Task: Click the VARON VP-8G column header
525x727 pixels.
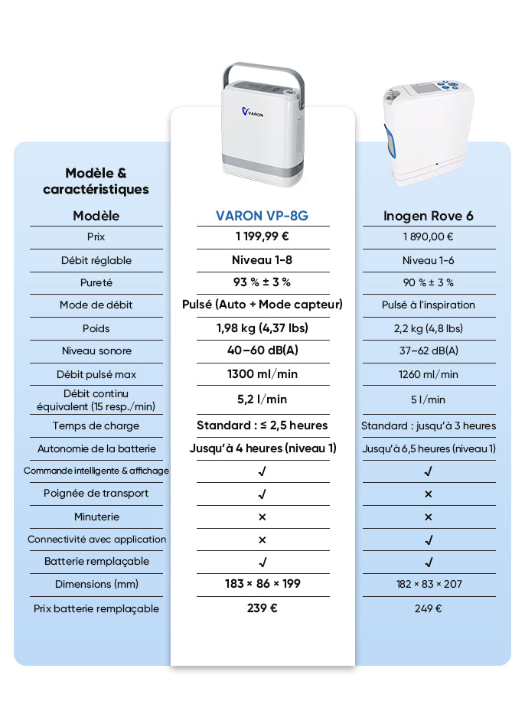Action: [262, 216]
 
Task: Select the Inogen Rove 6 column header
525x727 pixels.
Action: [428, 216]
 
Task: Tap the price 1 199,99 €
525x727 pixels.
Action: [262, 236]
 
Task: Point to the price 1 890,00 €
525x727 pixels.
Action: [428, 237]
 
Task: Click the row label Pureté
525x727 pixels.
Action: [96, 282]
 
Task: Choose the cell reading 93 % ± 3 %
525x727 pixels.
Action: [262, 282]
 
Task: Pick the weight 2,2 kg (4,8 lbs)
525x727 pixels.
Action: [428, 328]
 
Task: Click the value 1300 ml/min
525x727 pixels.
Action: [262, 373]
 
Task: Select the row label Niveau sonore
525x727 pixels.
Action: [96, 350]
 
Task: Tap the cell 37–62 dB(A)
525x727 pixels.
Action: [428, 350]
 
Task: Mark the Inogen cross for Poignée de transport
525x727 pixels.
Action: [429, 494]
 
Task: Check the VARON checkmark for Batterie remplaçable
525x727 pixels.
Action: [262, 562]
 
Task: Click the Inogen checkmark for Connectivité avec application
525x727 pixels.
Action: [429, 540]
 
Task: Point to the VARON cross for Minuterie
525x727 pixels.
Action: [262, 517]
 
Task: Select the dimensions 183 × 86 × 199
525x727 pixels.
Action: [262, 584]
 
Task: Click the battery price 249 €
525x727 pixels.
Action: [428, 608]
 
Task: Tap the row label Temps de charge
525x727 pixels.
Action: [96, 425]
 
